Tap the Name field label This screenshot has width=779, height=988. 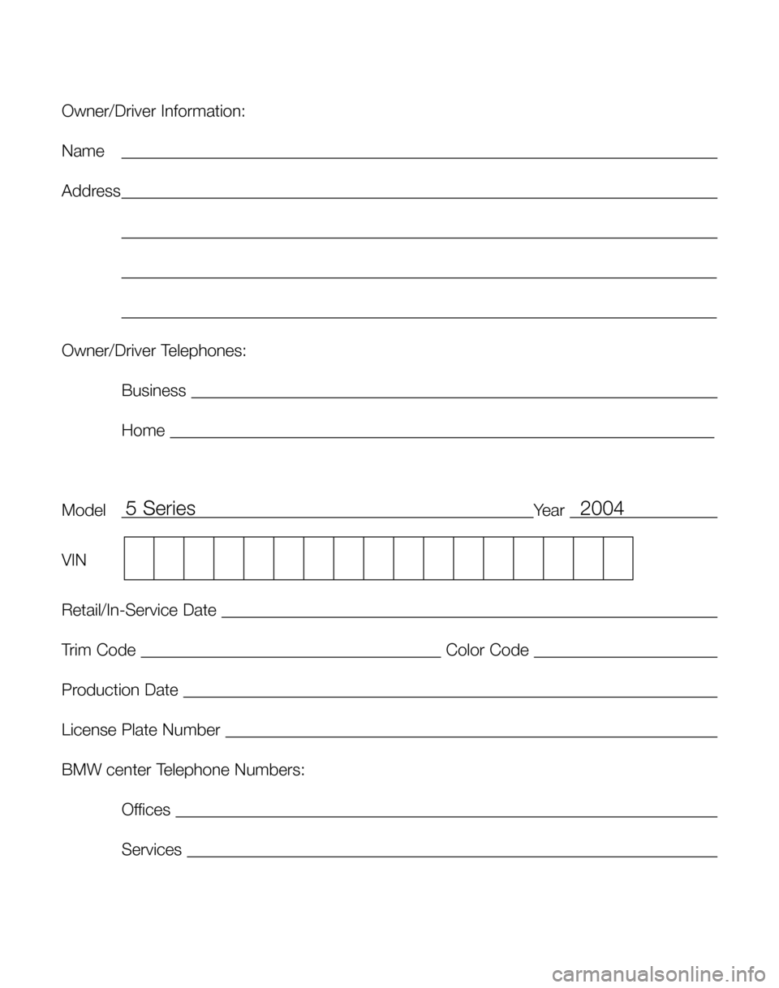pyautogui.click(x=83, y=152)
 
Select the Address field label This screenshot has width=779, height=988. pyautogui.click(x=91, y=191)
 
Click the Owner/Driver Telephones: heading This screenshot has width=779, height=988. pyautogui.click(x=154, y=351)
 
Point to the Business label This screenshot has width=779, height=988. pyautogui.click(x=153, y=391)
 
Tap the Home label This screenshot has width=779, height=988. pyautogui.click(x=143, y=431)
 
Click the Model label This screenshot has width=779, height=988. pyautogui.click(x=84, y=511)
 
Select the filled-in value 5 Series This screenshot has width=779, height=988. pyautogui.click(x=161, y=509)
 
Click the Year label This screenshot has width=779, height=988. pyautogui.click(x=549, y=511)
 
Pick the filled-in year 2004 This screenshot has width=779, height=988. pyautogui.click(x=602, y=509)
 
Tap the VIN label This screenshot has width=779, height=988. pyautogui.click(x=74, y=560)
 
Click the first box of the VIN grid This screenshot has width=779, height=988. pyautogui.click(x=139, y=558)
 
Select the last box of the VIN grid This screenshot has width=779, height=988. pyautogui.click(x=618, y=558)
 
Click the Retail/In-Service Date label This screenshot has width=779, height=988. pyautogui.click(x=139, y=609)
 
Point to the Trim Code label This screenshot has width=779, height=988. pyautogui.click(x=98, y=650)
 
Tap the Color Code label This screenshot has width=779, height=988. pyautogui.click(x=488, y=650)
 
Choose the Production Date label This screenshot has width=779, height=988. pyautogui.click(x=119, y=690)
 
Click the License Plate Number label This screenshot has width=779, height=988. pyautogui.click(x=140, y=730)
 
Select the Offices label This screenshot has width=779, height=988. pyautogui.click(x=146, y=810)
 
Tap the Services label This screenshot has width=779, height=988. pyautogui.click(x=152, y=850)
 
